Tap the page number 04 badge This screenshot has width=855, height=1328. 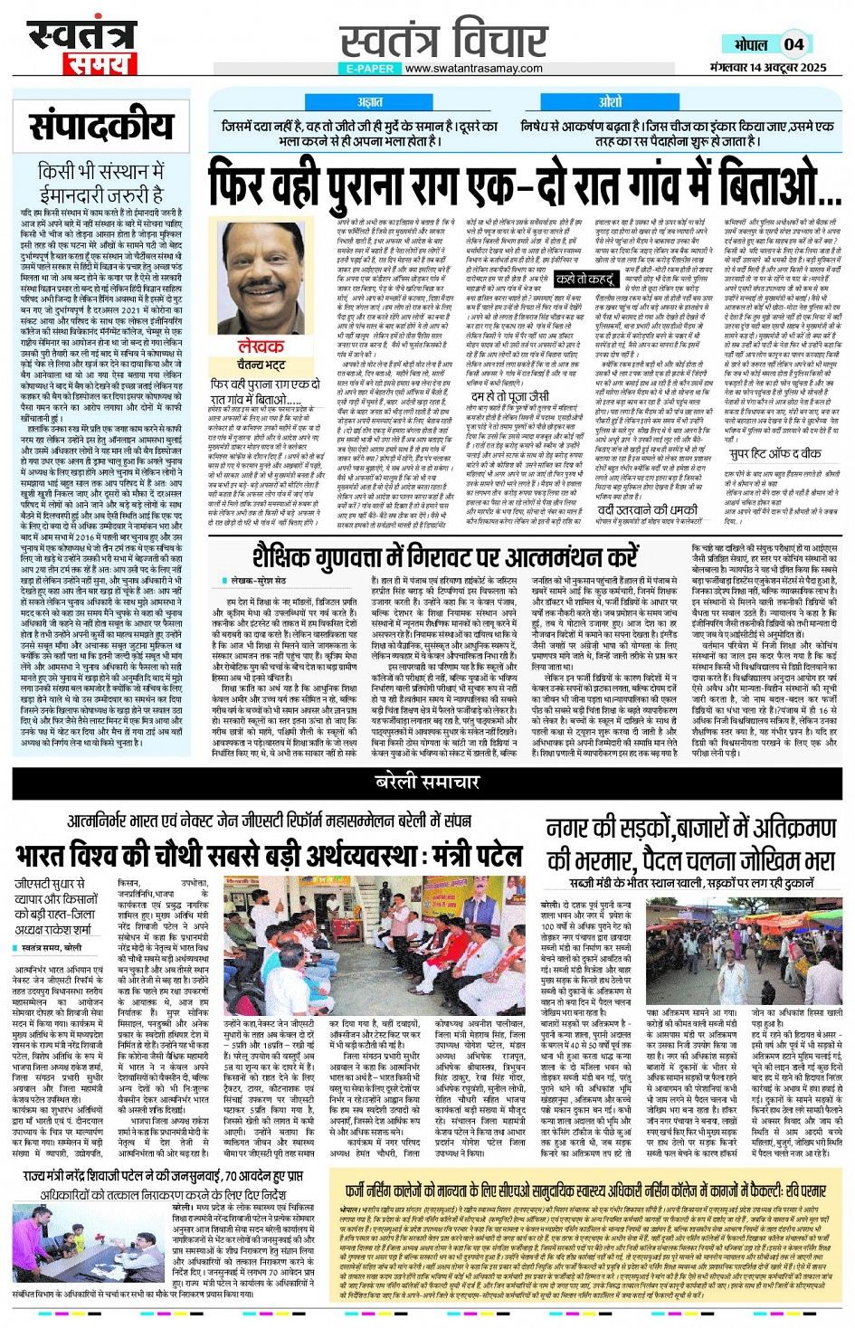(793, 44)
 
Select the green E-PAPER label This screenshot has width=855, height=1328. (369, 69)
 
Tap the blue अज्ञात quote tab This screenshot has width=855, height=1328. (369, 102)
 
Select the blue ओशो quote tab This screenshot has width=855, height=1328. (610, 102)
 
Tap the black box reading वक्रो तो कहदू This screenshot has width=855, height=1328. (584, 280)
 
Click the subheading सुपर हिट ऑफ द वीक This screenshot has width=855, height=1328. (775, 453)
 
